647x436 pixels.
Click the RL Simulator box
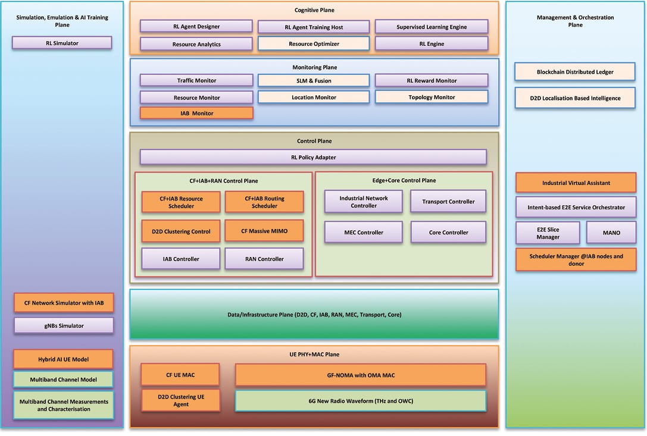point(62,43)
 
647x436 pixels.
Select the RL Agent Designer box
point(196,26)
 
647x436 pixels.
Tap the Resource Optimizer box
point(313,43)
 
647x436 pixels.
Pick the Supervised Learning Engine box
point(431,27)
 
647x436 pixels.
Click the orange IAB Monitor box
point(196,113)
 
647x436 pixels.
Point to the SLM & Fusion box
point(313,80)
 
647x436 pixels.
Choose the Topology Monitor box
point(431,97)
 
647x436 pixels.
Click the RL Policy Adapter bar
point(313,157)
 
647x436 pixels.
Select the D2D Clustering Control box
point(180,231)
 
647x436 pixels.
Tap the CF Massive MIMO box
point(264,230)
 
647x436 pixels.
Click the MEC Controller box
point(363,232)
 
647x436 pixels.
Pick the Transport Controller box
point(448,202)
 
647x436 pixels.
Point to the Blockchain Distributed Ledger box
point(575,72)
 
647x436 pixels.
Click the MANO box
point(611,233)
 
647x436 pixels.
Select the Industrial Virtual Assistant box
point(575,183)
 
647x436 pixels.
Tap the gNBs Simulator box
point(64,325)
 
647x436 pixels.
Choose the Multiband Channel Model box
point(63,379)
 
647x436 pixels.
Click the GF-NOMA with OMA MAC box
point(360,375)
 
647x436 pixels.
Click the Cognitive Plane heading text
point(314,10)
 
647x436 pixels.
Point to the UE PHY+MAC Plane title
point(314,355)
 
